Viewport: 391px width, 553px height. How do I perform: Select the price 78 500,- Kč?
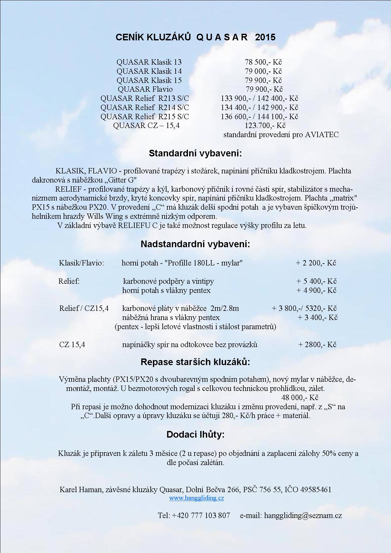pyautogui.click(x=263, y=62)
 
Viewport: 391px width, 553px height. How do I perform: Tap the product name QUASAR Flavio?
pyautogui.click(x=145, y=89)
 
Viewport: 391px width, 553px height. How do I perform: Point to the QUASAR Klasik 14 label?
pyautogui.click(x=149, y=71)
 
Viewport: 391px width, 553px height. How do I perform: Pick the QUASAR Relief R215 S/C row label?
pyautogui.click(x=145, y=117)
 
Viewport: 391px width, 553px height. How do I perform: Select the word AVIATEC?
pyautogui.click(x=322, y=135)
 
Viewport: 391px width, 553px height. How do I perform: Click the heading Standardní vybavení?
pyautogui.click(x=195, y=154)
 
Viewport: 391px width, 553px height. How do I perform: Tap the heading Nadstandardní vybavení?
pyautogui.click(x=195, y=244)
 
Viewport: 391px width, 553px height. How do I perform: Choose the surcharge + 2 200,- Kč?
pyautogui.click(x=316, y=263)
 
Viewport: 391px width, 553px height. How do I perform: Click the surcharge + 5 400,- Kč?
pyautogui.click(x=316, y=281)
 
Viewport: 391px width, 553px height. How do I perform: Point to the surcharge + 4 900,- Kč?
pyautogui.click(x=316, y=290)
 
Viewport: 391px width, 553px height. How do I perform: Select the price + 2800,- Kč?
pyautogui.click(x=317, y=345)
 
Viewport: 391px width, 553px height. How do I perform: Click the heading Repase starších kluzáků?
pyautogui.click(x=195, y=362)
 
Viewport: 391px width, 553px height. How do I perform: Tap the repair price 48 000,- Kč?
pyautogui.click(x=300, y=398)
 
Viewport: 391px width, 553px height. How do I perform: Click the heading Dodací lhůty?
pyautogui.click(x=195, y=435)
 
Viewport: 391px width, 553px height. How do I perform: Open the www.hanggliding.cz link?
pyautogui.click(x=196, y=498)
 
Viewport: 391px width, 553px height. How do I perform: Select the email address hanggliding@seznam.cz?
pyautogui.click(x=303, y=515)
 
